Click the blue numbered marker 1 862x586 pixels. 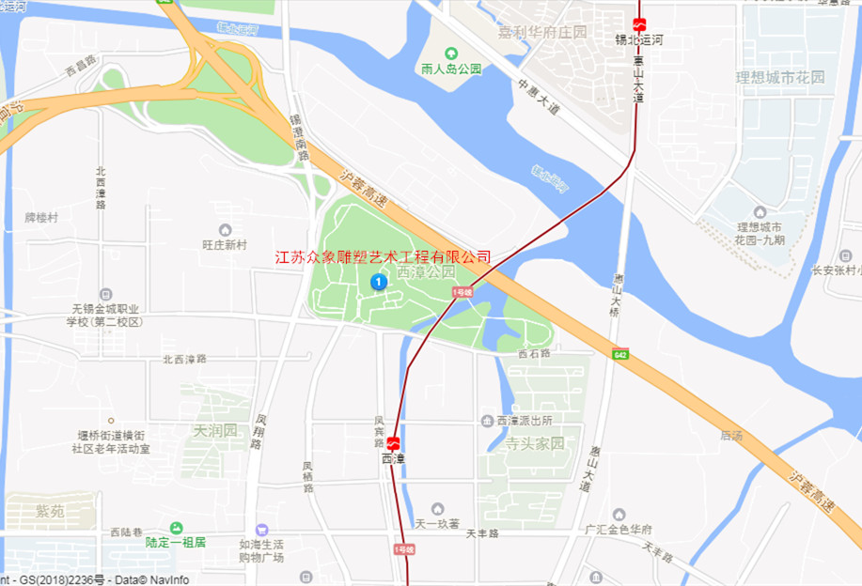click(379, 282)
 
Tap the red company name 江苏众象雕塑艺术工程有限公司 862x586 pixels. click(383, 256)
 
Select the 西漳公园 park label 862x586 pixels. click(426, 272)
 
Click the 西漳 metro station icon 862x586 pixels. click(393, 443)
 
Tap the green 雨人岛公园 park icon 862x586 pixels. click(450, 53)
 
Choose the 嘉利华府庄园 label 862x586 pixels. click(542, 32)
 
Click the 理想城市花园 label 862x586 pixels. click(780, 77)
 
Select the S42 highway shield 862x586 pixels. click(619, 354)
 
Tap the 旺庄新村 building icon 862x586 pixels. click(225, 230)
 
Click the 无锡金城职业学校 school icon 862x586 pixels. click(104, 294)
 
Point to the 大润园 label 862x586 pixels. click(215, 431)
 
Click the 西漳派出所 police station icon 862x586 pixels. click(487, 420)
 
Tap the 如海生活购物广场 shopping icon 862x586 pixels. click(261, 531)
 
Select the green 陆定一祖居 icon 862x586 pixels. click(176, 529)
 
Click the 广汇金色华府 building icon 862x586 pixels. click(618, 514)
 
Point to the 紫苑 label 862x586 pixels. click(50, 511)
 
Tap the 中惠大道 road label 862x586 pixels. click(538, 98)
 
